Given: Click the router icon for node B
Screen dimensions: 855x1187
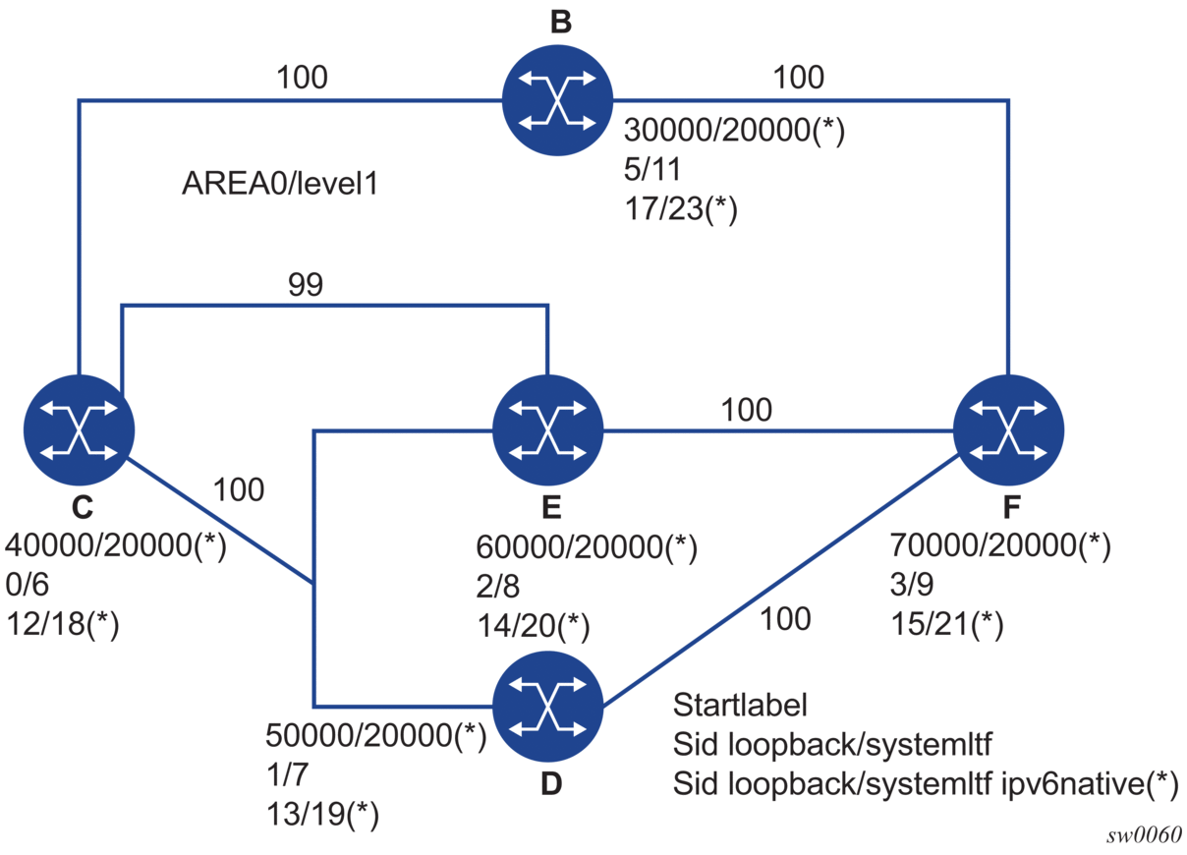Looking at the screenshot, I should pos(557,98).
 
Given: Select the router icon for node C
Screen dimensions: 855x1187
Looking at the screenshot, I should pos(79,430).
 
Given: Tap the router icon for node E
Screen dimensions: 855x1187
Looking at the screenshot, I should pos(546,430).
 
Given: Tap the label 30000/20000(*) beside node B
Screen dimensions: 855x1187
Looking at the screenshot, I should pos(735,133).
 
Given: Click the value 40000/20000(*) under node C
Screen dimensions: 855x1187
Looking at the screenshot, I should pos(116,546).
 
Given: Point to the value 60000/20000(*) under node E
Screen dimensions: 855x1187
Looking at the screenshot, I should pos(587,546).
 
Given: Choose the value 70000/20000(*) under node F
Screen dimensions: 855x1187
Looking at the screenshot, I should pos(1000,546).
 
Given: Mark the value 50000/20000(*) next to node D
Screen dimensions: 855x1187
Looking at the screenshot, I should pos(376,735).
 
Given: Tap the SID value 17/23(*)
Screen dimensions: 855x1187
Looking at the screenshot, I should pos(681,210).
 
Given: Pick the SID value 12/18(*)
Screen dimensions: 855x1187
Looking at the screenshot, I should pos(63,625).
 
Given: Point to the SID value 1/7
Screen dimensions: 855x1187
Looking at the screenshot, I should pos(288,774).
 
